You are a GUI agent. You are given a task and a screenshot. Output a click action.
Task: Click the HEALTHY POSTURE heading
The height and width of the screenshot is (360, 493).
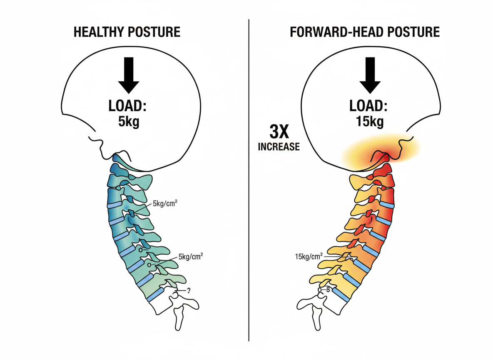pos(127,32)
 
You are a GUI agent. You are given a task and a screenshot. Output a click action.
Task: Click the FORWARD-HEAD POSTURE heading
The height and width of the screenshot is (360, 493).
pos(365,32)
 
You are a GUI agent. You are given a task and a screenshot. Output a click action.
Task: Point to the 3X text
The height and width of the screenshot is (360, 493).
pos(279,133)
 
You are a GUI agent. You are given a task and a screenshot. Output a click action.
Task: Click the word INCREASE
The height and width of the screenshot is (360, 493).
pos(279,147)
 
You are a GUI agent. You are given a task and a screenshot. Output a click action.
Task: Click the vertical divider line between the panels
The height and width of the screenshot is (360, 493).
pos(249,179)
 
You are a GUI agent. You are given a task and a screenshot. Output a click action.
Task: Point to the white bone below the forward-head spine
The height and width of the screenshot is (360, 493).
pos(317,315)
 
